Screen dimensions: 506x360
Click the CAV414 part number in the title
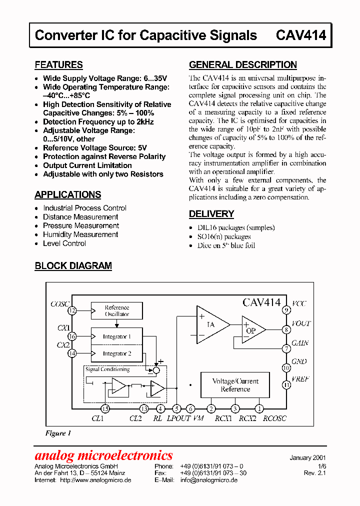coord(300,35)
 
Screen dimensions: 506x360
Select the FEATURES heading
coord(58,65)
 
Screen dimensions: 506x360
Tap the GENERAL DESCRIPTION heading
coord(242,65)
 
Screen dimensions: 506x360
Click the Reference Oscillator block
coord(116,310)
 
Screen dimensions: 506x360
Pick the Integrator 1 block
coord(116,336)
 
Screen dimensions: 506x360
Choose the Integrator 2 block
coord(116,353)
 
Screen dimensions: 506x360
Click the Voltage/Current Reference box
coord(235,385)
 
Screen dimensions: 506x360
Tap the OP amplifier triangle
coord(252,330)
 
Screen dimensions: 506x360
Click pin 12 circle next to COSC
coord(72,311)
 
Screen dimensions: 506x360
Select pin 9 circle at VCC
coord(286,310)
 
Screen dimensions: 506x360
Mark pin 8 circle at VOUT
coord(286,329)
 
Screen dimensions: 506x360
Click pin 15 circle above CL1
coord(105,408)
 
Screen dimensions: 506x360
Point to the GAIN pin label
coord(300,343)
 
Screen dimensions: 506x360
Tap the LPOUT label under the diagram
coord(178,418)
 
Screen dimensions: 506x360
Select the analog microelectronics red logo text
coord(103,455)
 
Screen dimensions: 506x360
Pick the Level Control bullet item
coord(64,243)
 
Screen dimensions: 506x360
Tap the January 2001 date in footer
coord(307,457)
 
